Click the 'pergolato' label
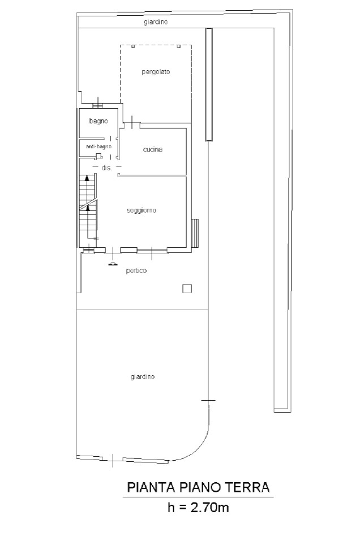pos(156,72)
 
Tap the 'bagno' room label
pos(98,121)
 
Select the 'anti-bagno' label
pos(98,147)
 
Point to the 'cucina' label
pos(153,149)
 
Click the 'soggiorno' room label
pos(142,211)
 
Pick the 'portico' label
pos(136,271)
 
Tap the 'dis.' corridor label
pos(107,168)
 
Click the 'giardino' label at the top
pos(156,22)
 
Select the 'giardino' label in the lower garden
pos(143,377)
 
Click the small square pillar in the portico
pos(187,289)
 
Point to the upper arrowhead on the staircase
pos(87,178)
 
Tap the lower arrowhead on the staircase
pos(88,208)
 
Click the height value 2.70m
pos(209,507)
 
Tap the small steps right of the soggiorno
pos(196,233)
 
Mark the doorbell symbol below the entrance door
pos(113,264)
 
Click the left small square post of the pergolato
pos(133,46)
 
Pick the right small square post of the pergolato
pos(179,46)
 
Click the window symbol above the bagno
pos(98,105)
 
